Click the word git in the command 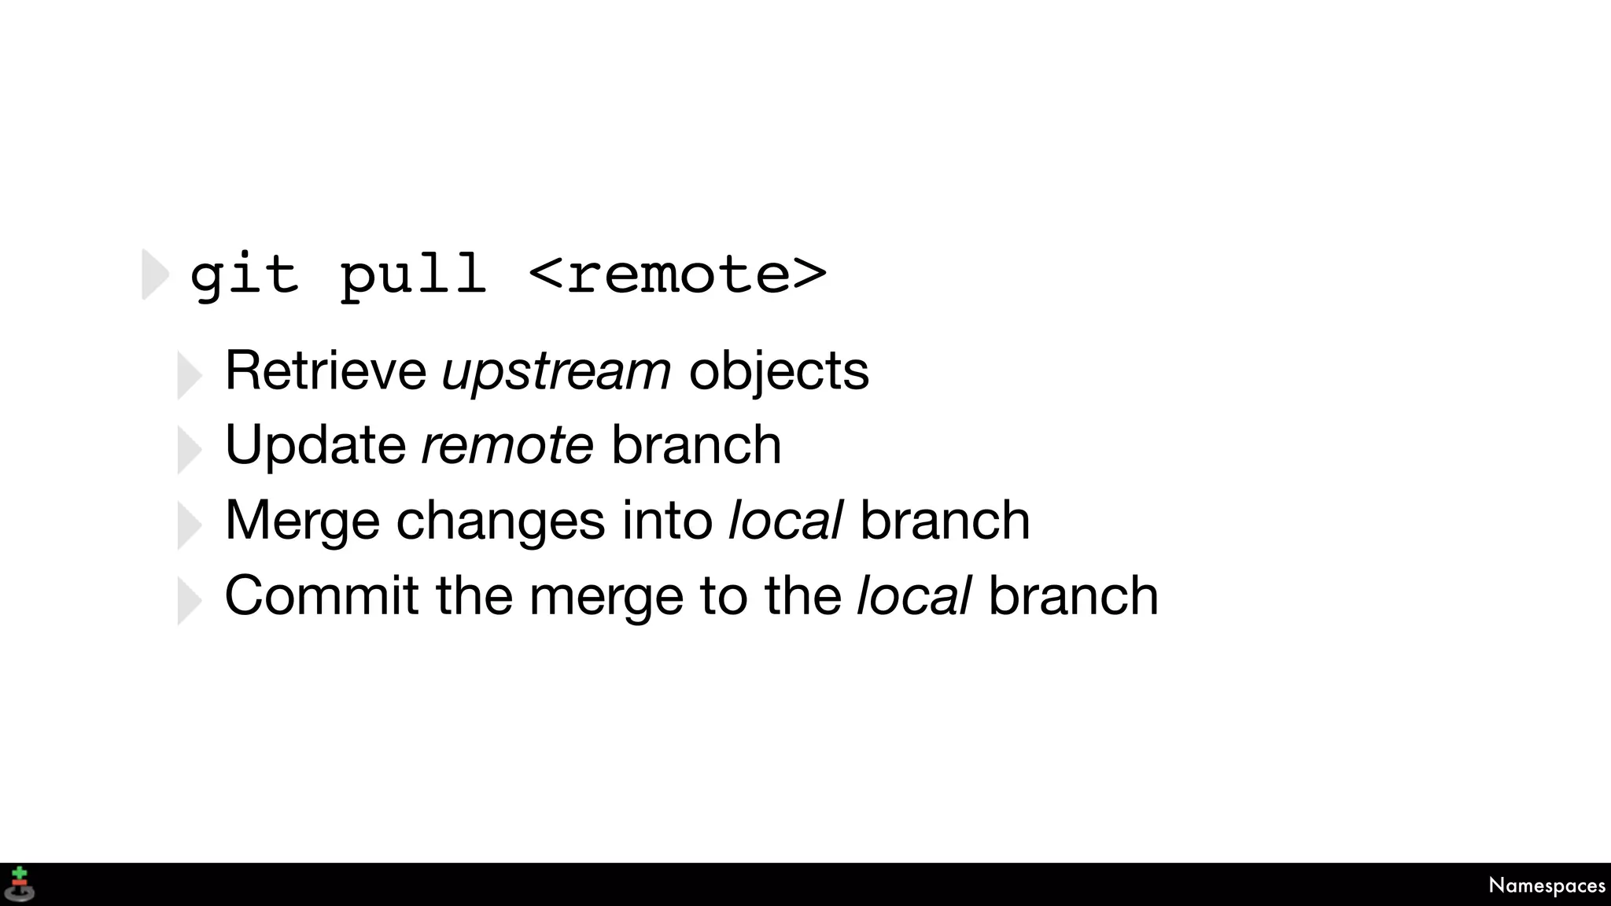click(244, 277)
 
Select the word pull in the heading click(412, 277)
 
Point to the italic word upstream click(556, 371)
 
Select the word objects click(779, 371)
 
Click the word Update click(315, 446)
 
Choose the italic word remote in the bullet click(507, 446)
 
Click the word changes click(500, 520)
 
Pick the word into click(667, 520)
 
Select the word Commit click(322, 595)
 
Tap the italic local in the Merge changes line click(786, 520)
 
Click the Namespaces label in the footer click(1546, 886)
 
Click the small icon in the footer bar click(20, 884)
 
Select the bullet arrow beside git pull click(155, 274)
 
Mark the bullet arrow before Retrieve click(190, 375)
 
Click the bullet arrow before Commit click(190, 601)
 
